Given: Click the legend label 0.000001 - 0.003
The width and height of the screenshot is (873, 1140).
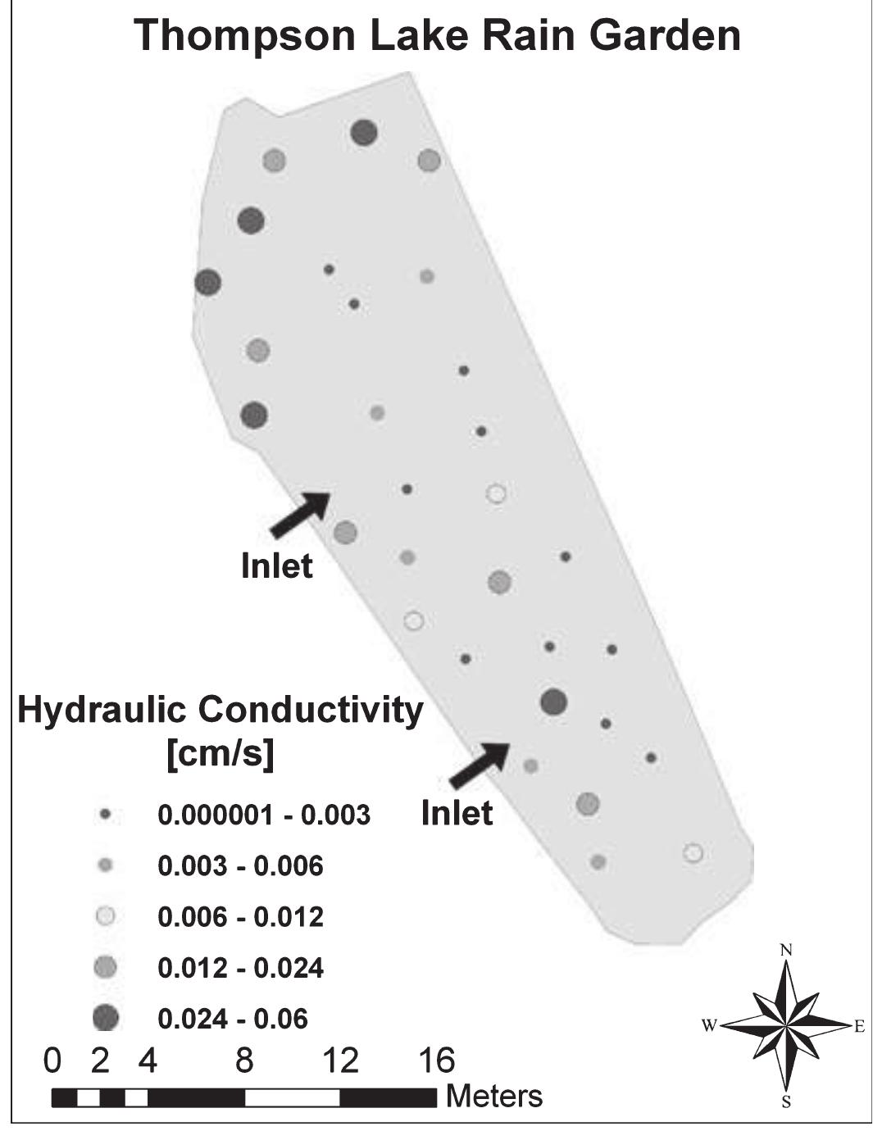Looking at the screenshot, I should [x=263, y=815].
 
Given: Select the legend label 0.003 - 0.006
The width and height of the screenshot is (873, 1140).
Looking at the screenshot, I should [x=240, y=866].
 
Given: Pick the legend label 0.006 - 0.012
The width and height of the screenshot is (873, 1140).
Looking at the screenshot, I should [x=240, y=917].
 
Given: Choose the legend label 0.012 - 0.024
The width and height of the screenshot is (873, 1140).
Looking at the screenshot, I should [x=240, y=969].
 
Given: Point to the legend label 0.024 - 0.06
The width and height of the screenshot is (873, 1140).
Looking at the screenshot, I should [x=232, y=1020].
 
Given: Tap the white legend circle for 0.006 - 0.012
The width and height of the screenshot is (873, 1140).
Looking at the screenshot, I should [x=106, y=917].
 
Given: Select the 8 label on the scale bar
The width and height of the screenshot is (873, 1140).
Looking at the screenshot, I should [x=244, y=1061].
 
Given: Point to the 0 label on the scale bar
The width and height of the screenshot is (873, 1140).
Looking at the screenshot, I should [x=52, y=1061].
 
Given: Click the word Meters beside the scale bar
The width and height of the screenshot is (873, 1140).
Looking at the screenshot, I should [x=494, y=1096].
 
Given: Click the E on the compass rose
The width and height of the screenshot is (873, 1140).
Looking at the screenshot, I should [x=859, y=1026].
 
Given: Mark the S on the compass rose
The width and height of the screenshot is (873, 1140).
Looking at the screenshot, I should [x=785, y=1101].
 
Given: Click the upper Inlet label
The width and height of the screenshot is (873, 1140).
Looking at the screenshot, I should [x=276, y=566].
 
